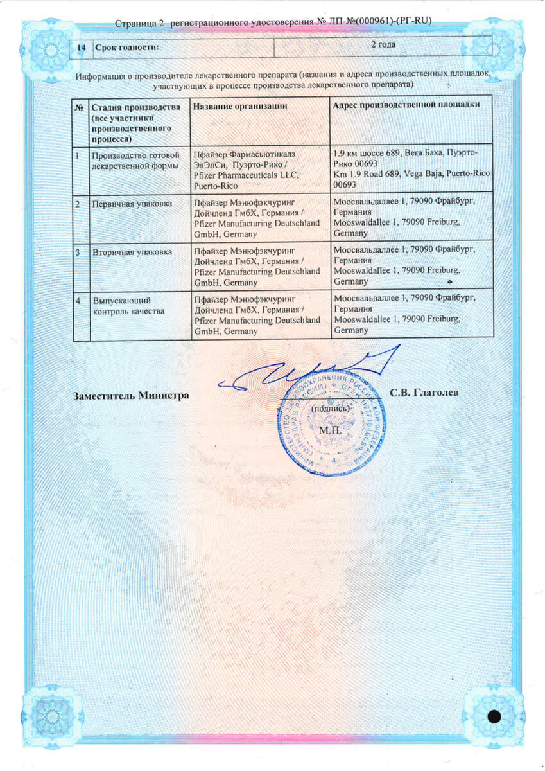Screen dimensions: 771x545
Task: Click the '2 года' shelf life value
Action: pyautogui.click(x=383, y=45)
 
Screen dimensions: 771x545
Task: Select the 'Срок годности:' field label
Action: pyautogui.click(x=126, y=48)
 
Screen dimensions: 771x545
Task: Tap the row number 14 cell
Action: pyautogui.click(x=82, y=48)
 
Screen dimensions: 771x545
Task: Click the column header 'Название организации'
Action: pyautogui.click(x=239, y=105)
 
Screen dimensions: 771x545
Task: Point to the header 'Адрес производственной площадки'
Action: pyautogui.click(x=407, y=105)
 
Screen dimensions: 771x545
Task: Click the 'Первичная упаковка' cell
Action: pyautogui.click(x=132, y=204)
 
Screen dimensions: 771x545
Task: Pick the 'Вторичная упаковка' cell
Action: pyautogui.click(x=132, y=253)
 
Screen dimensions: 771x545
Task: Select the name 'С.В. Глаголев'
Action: pyautogui.click(x=424, y=393)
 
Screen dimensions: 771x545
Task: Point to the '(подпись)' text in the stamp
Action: pyautogui.click(x=330, y=409)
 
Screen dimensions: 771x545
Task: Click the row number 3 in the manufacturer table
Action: pyautogui.click(x=78, y=253)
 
